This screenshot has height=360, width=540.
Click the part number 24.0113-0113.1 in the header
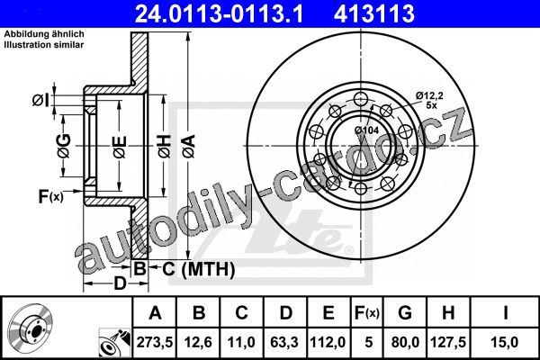[x=219, y=13]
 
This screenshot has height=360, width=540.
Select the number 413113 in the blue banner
[x=374, y=13]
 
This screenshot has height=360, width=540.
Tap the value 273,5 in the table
[x=155, y=342]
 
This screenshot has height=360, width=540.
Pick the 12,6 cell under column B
[x=198, y=342]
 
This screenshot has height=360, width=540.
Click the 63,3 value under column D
[x=284, y=342]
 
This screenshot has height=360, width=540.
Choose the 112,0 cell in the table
[x=328, y=342]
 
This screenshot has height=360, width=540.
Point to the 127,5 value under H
[x=448, y=342]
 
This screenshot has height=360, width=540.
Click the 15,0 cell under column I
[x=505, y=342]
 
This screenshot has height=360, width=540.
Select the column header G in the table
[x=405, y=313]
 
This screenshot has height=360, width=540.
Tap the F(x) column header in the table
[x=367, y=313]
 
